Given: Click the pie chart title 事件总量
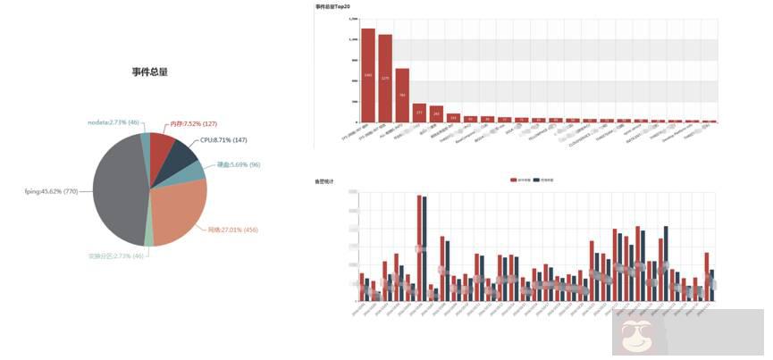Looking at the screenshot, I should click(149, 71).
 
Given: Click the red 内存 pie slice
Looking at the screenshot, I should click(161, 145).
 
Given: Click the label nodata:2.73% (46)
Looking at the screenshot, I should click(113, 121).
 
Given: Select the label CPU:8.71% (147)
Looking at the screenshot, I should click(223, 140).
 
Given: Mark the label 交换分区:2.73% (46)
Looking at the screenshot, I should click(116, 256).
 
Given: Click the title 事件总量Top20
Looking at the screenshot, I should click(333, 6).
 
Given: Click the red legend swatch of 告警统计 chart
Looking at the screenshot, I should click(513, 180).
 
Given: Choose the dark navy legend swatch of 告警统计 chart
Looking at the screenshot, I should click(536, 180).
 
